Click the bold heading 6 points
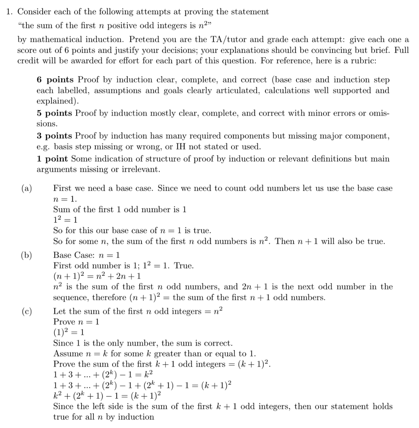point(55,80)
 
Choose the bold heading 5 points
point(55,113)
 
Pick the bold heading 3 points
point(55,136)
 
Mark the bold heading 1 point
point(53,159)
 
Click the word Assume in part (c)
point(67,354)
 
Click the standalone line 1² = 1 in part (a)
point(65,220)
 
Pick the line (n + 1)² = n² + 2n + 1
point(97,276)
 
